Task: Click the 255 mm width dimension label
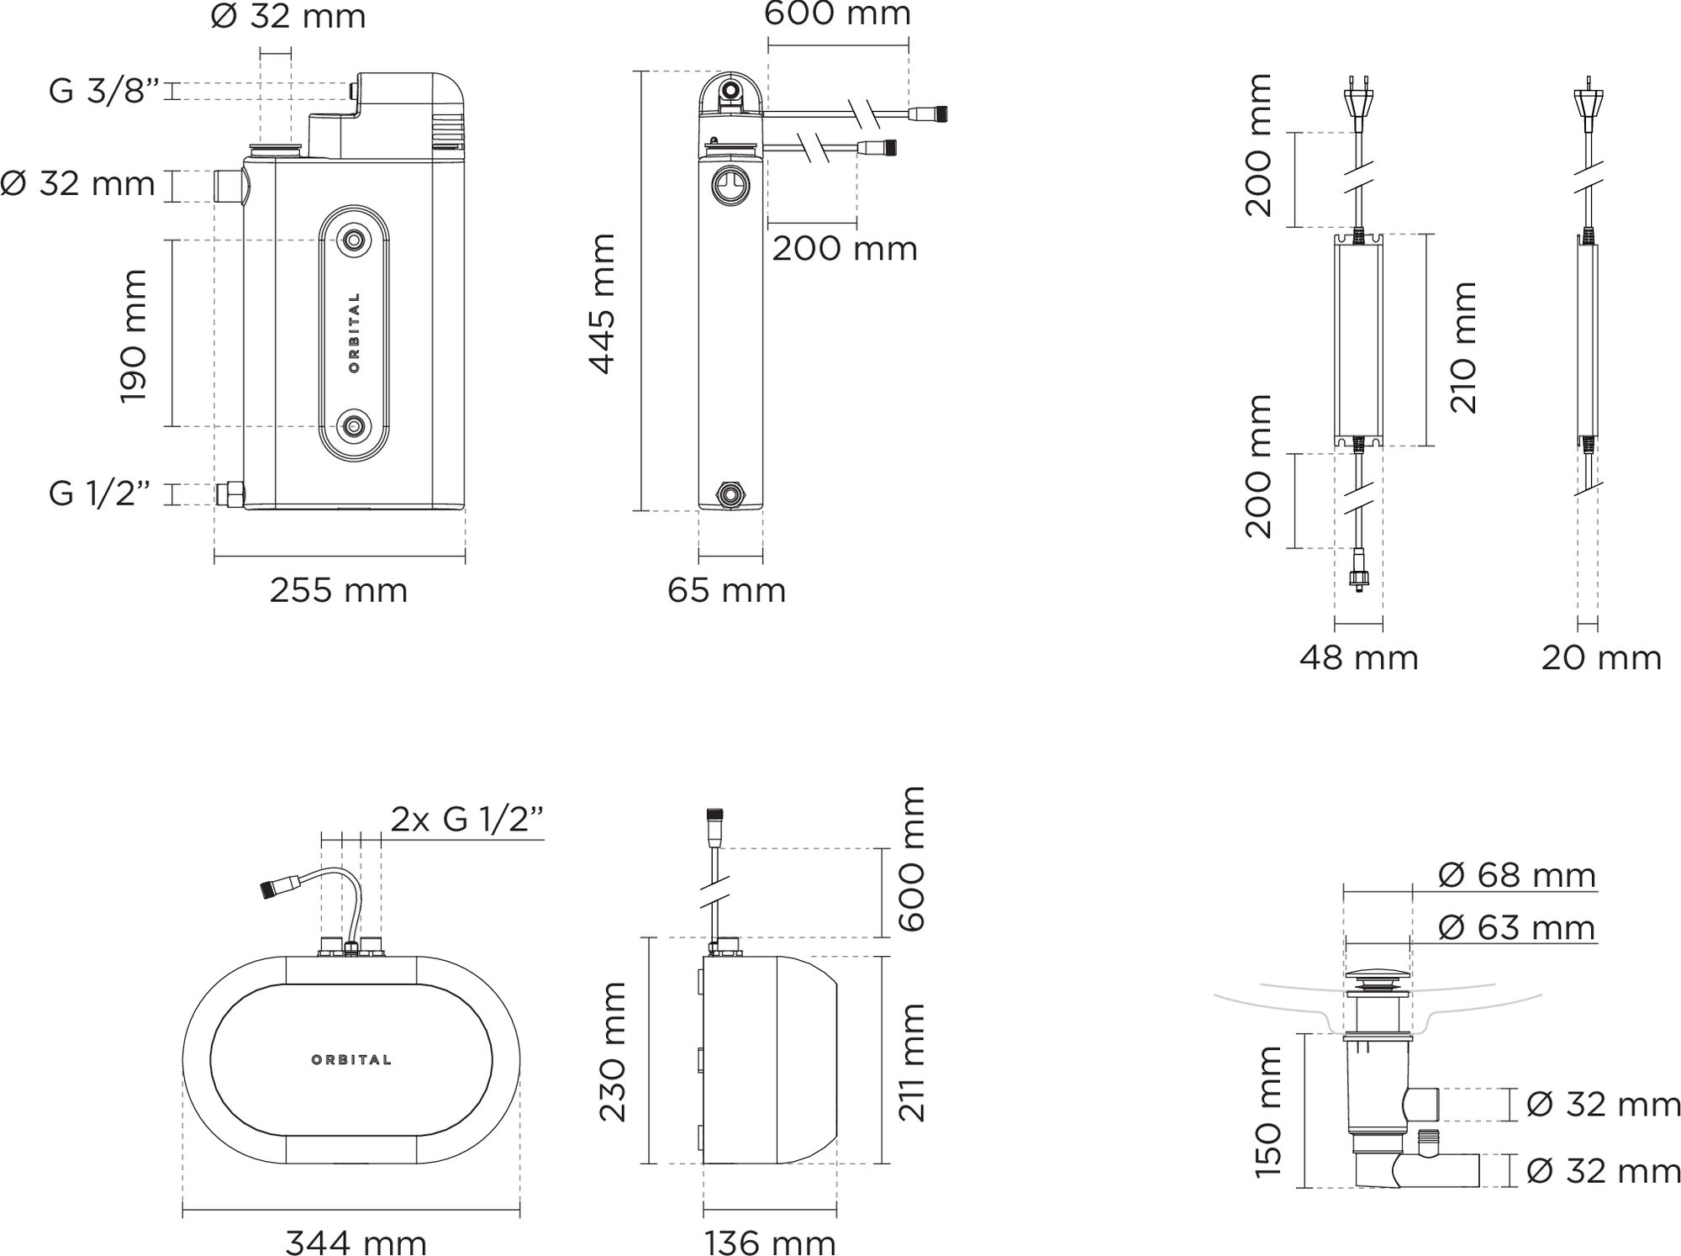pyautogui.click(x=338, y=590)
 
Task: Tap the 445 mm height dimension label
pyautogui.click(x=602, y=303)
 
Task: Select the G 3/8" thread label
pyautogui.click(x=103, y=91)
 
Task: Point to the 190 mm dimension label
pyautogui.click(x=133, y=336)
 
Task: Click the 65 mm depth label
pyautogui.click(x=726, y=590)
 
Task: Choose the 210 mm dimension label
pyautogui.click(x=1463, y=347)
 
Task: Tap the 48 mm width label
pyautogui.click(x=1358, y=657)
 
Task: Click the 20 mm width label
pyautogui.click(x=1600, y=657)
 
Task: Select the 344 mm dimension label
pyautogui.click(x=356, y=1242)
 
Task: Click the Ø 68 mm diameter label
pyautogui.click(x=1516, y=875)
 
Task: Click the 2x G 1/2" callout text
pyautogui.click(x=467, y=819)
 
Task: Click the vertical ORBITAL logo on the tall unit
pyautogui.click(x=354, y=333)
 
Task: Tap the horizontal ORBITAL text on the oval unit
pyautogui.click(x=351, y=1060)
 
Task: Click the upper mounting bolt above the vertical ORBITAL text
pyautogui.click(x=354, y=241)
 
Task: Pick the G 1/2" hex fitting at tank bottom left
pyautogui.click(x=230, y=494)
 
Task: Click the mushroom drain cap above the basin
pyautogui.click(x=1377, y=978)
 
